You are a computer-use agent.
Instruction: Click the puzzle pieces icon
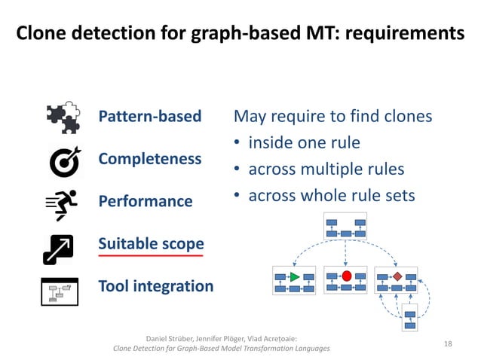click(63, 117)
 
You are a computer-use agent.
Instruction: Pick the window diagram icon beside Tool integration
click(60, 291)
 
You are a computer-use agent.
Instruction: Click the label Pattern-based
click(150, 116)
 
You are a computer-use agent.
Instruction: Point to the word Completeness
click(150, 159)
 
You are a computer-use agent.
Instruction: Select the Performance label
click(146, 202)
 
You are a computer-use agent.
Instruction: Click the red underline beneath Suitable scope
click(151, 256)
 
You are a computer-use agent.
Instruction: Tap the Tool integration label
click(156, 286)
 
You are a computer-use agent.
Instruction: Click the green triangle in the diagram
click(294, 277)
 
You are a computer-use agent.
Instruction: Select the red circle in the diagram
click(346, 276)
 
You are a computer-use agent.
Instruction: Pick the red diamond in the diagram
click(397, 276)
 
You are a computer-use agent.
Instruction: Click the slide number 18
click(448, 343)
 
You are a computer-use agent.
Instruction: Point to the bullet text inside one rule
click(305, 142)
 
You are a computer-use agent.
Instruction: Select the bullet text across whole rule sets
click(332, 195)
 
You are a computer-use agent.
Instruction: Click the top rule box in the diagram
click(345, 226)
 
